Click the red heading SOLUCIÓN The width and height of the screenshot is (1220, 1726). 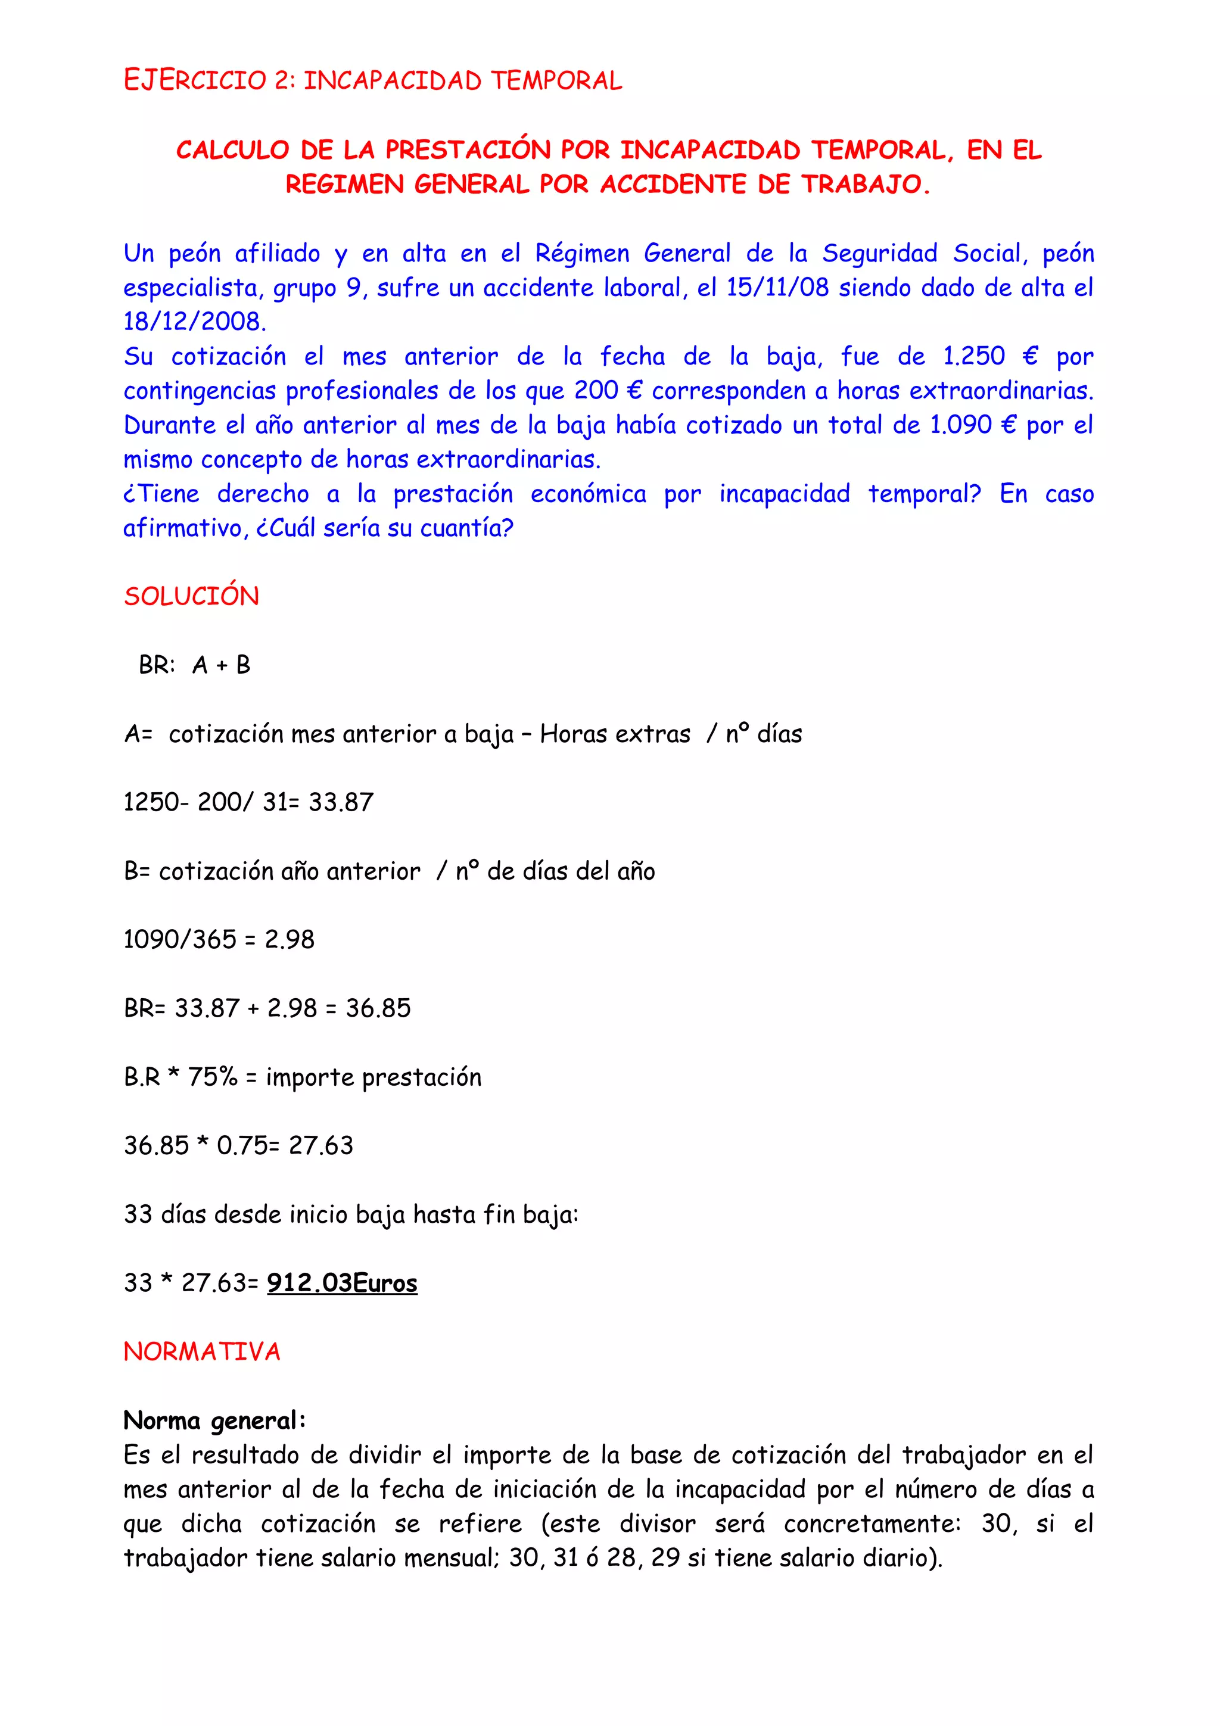pyautogui.click(x=192, y=596)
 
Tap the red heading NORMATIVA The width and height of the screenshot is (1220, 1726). pyautogui.click(x=201, y=1351)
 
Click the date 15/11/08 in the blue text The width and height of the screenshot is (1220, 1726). pyautogui.click(x=777, y=288)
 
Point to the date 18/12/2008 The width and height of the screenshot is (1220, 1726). pyautogui.click(x=195, y=322)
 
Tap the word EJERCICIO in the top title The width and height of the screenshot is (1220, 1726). pyautogui.click(x=195, y=80)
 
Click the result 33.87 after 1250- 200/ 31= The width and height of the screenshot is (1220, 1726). pyautogui.click(x=341, y=802)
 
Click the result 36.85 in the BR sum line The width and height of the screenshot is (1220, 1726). pyautogui.click(x=378, y=1008)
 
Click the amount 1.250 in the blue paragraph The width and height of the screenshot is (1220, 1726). pyautogui.click(x=973, y=356)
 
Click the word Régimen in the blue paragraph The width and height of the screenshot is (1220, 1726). pyautogui.click(x=582, y=253)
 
